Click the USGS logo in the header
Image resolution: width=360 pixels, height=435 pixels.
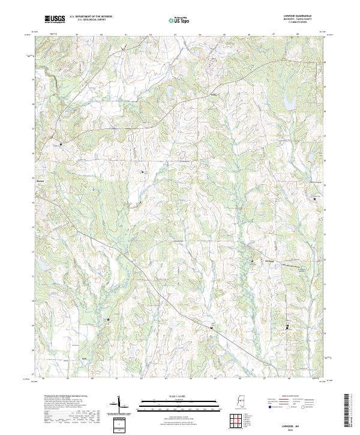click(x=55, y=19)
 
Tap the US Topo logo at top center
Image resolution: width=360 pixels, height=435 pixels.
click(x=175, y=19)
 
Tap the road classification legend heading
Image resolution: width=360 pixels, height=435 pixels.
click(x=290, y=397)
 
